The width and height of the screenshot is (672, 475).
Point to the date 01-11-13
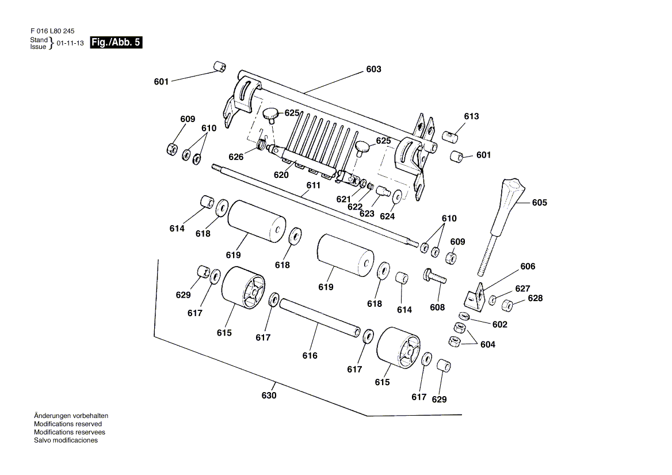tap(70, 43)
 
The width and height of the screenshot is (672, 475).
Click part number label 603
tap(373, 69)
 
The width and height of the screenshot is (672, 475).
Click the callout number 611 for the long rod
tap(314, 185)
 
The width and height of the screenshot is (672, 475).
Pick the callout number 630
tap(269, 396)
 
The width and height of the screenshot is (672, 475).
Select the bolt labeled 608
tap(436, 277)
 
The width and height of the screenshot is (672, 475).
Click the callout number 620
tap(281, 175)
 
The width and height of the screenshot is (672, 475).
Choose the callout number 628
tap(534, 298)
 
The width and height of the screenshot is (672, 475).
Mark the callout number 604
tap(488, 344)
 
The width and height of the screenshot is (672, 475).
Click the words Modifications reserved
tap(68, 424)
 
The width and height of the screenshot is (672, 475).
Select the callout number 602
tap(500, 324)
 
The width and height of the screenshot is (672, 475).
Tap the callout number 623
tap(366, 214)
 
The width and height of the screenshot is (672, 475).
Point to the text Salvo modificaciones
tap(66, 440)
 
